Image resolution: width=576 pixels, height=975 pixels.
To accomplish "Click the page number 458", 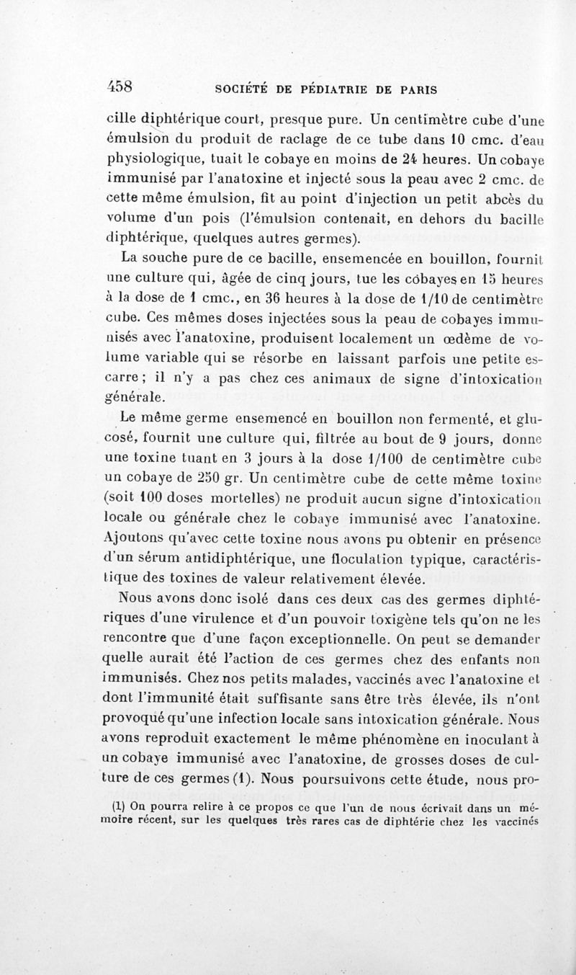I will coord(121,85).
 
